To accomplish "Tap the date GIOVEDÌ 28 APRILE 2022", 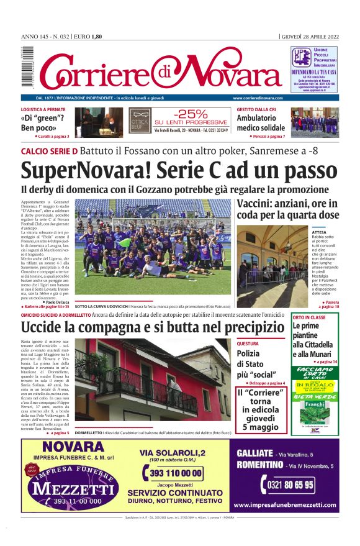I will click(x=310, y=37).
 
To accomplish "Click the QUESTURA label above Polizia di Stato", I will click(x=248, y=343).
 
